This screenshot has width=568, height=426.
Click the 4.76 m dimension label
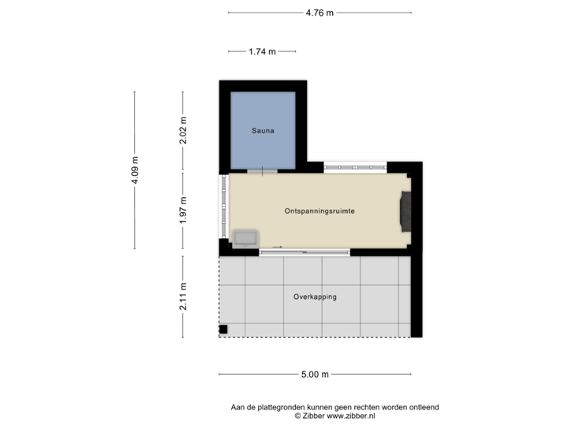tap(319, 12)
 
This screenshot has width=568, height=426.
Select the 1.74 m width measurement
tap(262, 51)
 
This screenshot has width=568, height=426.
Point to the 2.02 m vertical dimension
tap(183, 131)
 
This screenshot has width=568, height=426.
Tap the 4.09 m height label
tap(135, 170)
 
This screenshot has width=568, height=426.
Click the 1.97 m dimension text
tap(183, 211)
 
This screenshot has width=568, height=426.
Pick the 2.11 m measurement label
tap(183, 297)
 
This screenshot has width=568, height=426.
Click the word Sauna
tap(263, 131)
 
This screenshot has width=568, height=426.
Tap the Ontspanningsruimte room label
tap(319, 211)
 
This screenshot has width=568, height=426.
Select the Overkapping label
tap(315, 297)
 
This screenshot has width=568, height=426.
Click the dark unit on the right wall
tap(406, 211)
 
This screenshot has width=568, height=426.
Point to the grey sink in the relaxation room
tap(244, 237)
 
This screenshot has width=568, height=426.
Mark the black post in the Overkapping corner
tap(223, 329)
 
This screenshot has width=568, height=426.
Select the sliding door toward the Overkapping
tap(304, 252)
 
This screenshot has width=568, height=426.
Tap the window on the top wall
tap(356, 166)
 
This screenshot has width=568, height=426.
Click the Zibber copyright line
tap(334, 414)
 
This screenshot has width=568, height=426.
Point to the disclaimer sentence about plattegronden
tap(334, 407)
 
